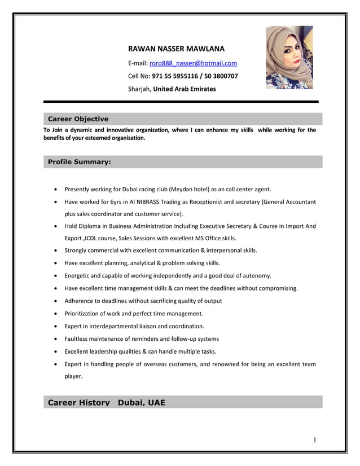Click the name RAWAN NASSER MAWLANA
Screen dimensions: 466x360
click(x=177, y=49)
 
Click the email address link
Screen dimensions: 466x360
click(x=193, y=63)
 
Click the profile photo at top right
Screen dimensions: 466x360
click(x=289, y=58)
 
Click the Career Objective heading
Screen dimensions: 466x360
click(x=78, y=119)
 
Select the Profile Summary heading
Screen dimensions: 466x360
click(x=80, y=162)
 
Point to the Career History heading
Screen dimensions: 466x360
click(x=78, y=403)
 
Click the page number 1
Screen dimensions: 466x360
click(x=315, y=440)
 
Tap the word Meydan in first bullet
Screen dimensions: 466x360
click(x=183, y=189)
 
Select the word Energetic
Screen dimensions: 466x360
click(x=78, y=275)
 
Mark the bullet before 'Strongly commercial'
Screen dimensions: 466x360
click(x=54, y=250)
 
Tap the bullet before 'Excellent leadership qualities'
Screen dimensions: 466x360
click(x=54, y=351)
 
